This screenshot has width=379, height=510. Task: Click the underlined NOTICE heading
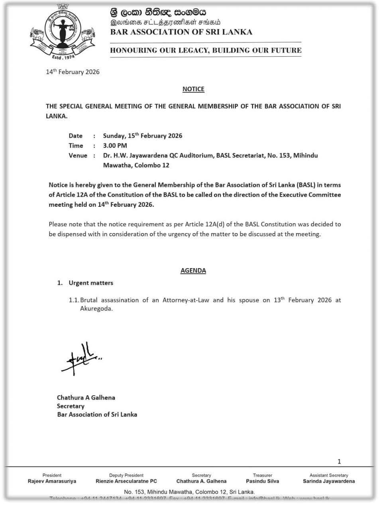click(x=193, y=89)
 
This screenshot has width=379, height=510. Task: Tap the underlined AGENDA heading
click(x=193, y=271)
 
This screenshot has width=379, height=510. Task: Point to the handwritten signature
click(x=82, y=359)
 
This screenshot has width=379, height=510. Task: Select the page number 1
click(x=339, y=462)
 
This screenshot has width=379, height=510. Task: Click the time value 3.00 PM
click(x=115, y=145)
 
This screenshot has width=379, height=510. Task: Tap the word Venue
click(x=78, y=155)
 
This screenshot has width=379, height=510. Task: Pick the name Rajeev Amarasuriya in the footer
click(x=52, y=481)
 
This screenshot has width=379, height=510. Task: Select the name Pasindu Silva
click(x=263, y=481)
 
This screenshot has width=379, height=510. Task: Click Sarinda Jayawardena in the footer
click(x=329, y=481)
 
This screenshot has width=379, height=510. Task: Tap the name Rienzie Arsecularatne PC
click(x=126, y=481)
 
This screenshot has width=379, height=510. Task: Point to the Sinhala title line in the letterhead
click(x=159, y=12)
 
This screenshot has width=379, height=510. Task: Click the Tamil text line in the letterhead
click(x=165, y=23)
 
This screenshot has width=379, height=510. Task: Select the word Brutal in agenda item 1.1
click(x=89, y=300)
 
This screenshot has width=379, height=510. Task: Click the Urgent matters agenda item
click(x=91, y=283)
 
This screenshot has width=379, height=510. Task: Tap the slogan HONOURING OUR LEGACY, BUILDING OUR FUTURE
click(x=206, y=50)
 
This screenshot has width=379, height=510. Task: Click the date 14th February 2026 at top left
click(x=73, y=72)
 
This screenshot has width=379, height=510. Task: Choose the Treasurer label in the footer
click(x=263, y=475)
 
